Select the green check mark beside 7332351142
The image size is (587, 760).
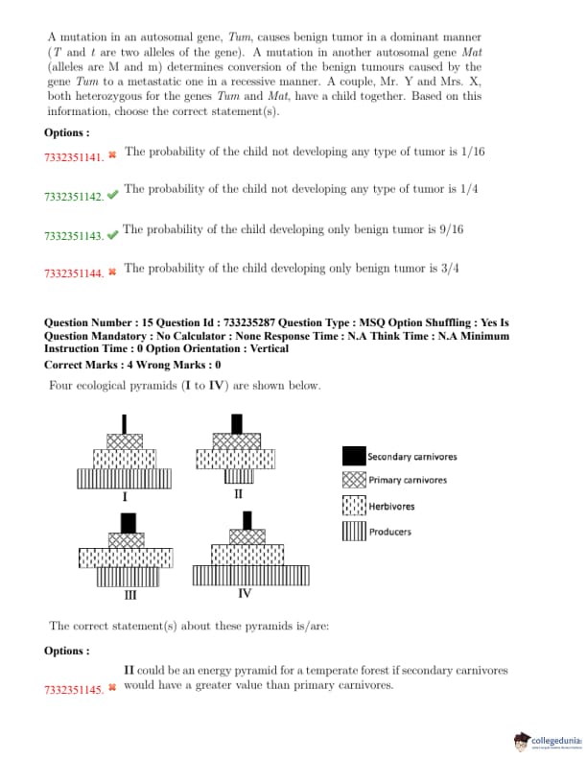[113, 196]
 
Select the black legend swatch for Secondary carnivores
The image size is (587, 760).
[353, 456]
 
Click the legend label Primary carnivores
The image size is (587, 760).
[407, 480]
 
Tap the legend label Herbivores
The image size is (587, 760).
[391, 506]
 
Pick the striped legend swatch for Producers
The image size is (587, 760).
[353, 531]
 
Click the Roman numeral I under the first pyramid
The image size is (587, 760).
[125, 497]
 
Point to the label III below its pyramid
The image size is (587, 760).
[129, 594]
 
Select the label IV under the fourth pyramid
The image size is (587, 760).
[245, 593]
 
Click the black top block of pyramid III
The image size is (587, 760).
[127, 523]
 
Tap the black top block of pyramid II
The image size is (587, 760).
[237, 423]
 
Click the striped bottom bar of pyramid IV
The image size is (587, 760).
[246, 575]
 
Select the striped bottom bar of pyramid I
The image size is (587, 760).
[125, 478]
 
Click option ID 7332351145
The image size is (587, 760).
[73, 690]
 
